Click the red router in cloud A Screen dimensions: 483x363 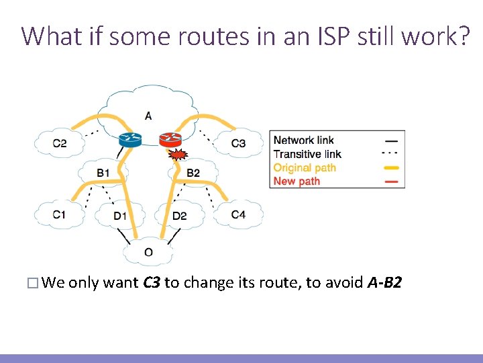pos(170,139)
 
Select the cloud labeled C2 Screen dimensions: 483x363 pos(60,143)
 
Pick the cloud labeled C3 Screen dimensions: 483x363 pos(238,143)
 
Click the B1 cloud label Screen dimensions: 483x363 pos(103,173)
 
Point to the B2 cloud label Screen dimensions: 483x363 pos(193,173)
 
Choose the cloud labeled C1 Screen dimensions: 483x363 pos(60,214)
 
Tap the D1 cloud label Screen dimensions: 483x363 pos(120,216)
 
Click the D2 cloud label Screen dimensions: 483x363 pos(179,216)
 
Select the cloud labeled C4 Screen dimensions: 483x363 pos(238,214)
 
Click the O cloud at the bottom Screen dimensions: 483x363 pos(148,252)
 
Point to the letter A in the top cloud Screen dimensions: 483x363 pos(148,116)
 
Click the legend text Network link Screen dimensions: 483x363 pos(303,140)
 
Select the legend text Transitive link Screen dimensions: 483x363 pos(307,154)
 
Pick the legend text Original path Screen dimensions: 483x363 pos(305,167)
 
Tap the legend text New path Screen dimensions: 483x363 pos(297,181)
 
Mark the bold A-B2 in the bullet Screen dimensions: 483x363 pos(385,282)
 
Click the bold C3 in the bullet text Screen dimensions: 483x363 pos(152,282)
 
